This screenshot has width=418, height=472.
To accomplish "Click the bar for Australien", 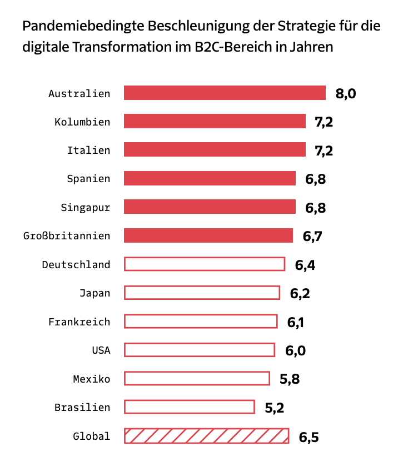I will click(x=225, y=93).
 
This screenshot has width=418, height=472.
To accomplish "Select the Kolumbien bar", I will click(x=215, y=121).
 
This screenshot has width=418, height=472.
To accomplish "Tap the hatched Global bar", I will click(x=206, y=436).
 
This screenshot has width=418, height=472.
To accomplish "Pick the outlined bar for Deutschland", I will click(x=204, y=264).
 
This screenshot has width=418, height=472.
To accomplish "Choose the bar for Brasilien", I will click(x=189, y=407).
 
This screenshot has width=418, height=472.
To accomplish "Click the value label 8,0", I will click(x=346, y=93).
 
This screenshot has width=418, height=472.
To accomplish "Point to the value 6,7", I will click(x=312, y=237).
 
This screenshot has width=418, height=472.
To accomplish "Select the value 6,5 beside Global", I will click(x=308, y=437).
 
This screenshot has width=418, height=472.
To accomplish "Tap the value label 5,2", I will click(x=275, y=408).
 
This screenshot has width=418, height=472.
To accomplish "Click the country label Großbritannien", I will click(x=67, y=236).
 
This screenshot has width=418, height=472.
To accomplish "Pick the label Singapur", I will click(x=86, y=208).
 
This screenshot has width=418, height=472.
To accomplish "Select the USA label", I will click(x=101, y=350).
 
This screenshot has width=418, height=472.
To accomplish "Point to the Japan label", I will click(x=94, y=293).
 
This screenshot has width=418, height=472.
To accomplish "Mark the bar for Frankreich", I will click(x=200, y=321).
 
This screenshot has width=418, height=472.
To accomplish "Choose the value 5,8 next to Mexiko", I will click(x=290, y=380).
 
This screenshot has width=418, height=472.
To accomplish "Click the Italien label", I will click(x=88, y=150).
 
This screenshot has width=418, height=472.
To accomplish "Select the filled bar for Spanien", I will click(x=210, y=178).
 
